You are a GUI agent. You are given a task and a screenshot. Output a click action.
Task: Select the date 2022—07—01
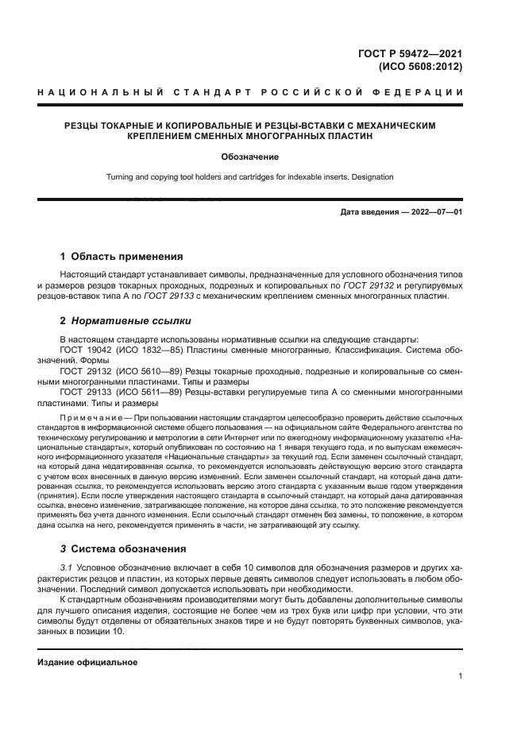435,213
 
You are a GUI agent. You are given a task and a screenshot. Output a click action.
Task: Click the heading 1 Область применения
122,257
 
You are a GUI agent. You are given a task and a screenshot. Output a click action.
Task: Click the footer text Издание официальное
87,661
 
